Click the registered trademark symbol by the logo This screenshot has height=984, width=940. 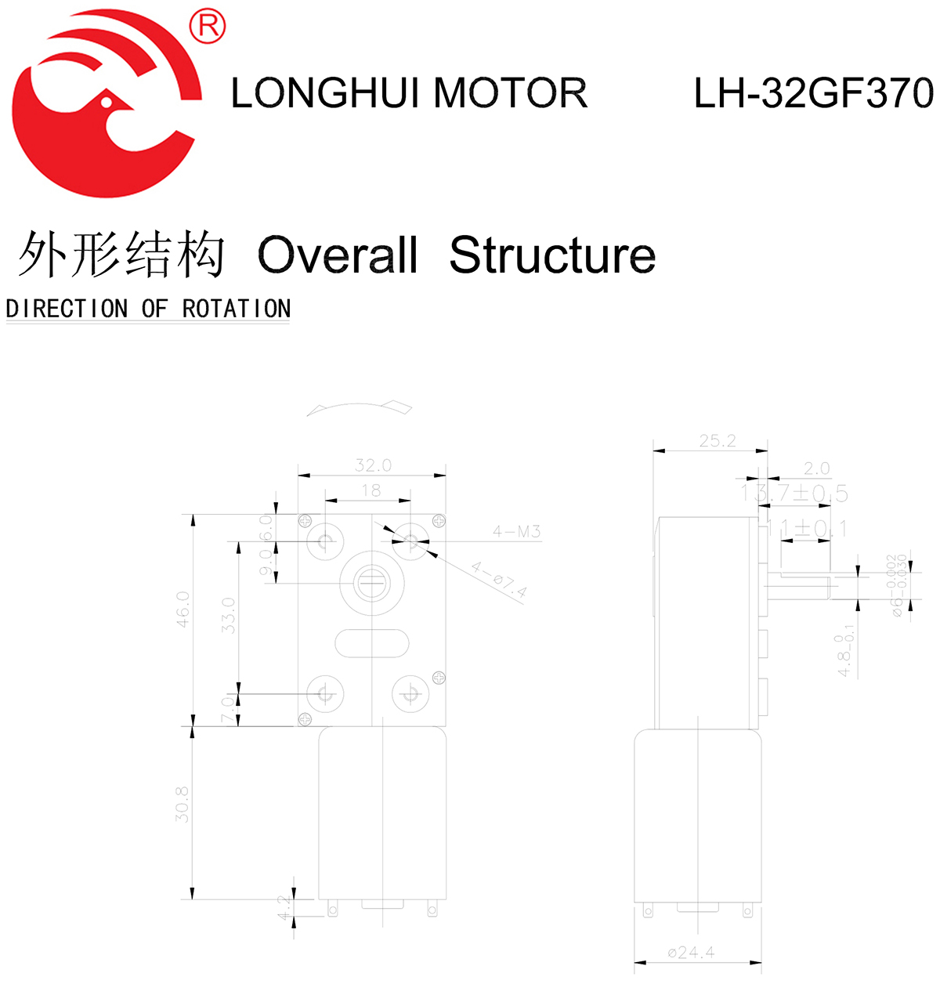(208, 27)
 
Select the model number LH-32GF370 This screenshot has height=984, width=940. (813, 93)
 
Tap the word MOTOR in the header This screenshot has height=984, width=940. (510, 93)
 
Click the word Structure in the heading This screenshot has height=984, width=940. (552, 255)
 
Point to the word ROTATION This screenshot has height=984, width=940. (237, 309)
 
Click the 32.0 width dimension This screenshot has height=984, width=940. (373, 465)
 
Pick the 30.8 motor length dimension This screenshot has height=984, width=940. (183, 805)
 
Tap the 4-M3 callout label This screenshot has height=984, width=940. (516, 532)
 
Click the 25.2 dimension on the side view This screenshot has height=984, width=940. (718, 441)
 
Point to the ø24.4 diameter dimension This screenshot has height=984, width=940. (691, 953)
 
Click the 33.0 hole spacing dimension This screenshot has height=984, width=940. (228, 615)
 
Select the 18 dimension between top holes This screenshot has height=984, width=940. (371, 490)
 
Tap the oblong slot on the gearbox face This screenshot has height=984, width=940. (371, 644)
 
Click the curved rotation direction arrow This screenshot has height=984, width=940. (360, 408)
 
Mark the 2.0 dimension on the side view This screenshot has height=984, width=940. (816, 468)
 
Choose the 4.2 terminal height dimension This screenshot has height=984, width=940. (284, 908)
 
